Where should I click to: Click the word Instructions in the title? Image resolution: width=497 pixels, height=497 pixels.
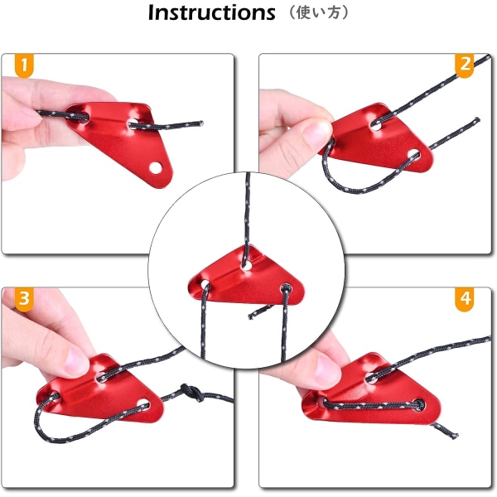coord(211,13)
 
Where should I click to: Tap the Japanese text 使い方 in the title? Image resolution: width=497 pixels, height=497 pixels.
coord(319,12)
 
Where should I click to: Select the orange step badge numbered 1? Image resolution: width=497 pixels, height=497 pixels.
coord(24,65)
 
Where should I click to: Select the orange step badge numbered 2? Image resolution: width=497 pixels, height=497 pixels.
coord(465,65)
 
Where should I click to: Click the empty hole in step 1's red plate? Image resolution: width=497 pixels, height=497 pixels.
coord(156,168)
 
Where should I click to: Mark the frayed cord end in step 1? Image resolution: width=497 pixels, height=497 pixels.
coord(200,123)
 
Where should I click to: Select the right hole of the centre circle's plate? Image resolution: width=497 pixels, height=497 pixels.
coord(287,289)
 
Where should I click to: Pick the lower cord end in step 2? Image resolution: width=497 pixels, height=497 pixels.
coord(476,120)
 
